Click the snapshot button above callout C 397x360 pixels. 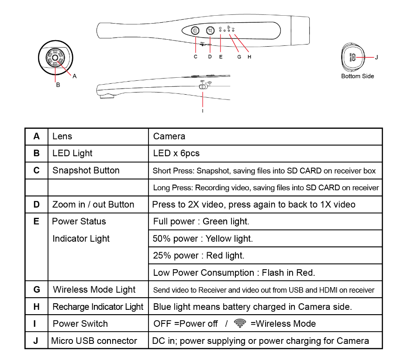[x=195, y=31]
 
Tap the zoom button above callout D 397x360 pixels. [x=211, y=31]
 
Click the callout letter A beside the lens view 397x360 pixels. [x=75, y=76]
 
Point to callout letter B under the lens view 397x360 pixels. [x=58, y=85]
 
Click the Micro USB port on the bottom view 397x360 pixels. [x=354, y=57]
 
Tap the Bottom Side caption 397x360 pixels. [x=357, y=76]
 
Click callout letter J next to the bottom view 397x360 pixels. [x=376, y=57]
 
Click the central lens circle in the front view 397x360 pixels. [x=55, y=58]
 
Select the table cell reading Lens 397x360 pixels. [x=62, y=136]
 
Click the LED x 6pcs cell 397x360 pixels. [x=176, y=153]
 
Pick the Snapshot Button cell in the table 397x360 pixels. [x=86, y=170]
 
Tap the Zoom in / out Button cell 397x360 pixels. [x=93, y=204]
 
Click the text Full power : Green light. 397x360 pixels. [x=201, y=221]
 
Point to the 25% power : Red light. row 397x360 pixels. [x=199, y=255]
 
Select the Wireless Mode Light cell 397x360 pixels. [x=94, y=289]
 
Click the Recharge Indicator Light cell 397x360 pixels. [x=98, y=307]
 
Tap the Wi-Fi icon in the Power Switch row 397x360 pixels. [x=240, y=323]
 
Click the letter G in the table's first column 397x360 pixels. [x=37, y=289]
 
